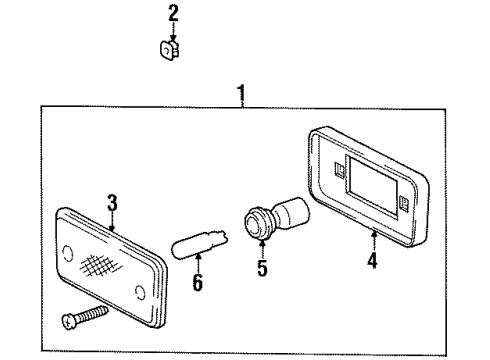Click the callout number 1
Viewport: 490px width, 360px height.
pyautogui.click(x=242, y=93)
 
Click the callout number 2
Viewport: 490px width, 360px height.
pyautogui.click(x=173, y=13)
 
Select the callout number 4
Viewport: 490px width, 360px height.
pyautogui.click(x=372, y=260)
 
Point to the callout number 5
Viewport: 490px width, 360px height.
pyautogui.click(x=262, y=267)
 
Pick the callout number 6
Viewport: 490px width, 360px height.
pyautogui.click(x=198, y=282)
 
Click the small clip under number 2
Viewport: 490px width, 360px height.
pyautogui.click(x=170, y=51)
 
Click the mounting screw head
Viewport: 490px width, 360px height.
pyautogui.click(x=69, y=321)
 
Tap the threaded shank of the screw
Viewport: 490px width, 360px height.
pyautogui.click(x=92, y=313)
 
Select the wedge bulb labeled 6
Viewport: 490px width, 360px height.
pyautogui.click(x=200, y=244)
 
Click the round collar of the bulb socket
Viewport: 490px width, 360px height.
pyautogui.click(x=257, y=222)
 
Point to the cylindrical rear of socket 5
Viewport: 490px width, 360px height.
pyautogui.click(x=290, y=212)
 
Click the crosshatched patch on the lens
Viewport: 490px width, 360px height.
pyautogui.click(x=102, y=265)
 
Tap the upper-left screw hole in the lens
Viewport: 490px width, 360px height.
pyautogui.click(x=68, y=253)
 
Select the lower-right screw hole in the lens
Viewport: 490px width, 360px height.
pyautogui.click(x=140, y=292)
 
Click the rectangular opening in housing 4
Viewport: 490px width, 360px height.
pyautogui.click(x=372, y=187)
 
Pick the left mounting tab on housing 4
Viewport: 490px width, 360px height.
pyautogui.click(x=340, y=169)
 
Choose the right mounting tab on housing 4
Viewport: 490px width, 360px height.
pyautogui.click(x=404, y=202)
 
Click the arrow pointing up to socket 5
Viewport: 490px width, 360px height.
pyautogui.click(x=262, y=248)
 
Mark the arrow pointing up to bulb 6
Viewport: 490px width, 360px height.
pyautogui.click(x=198, y=263)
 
